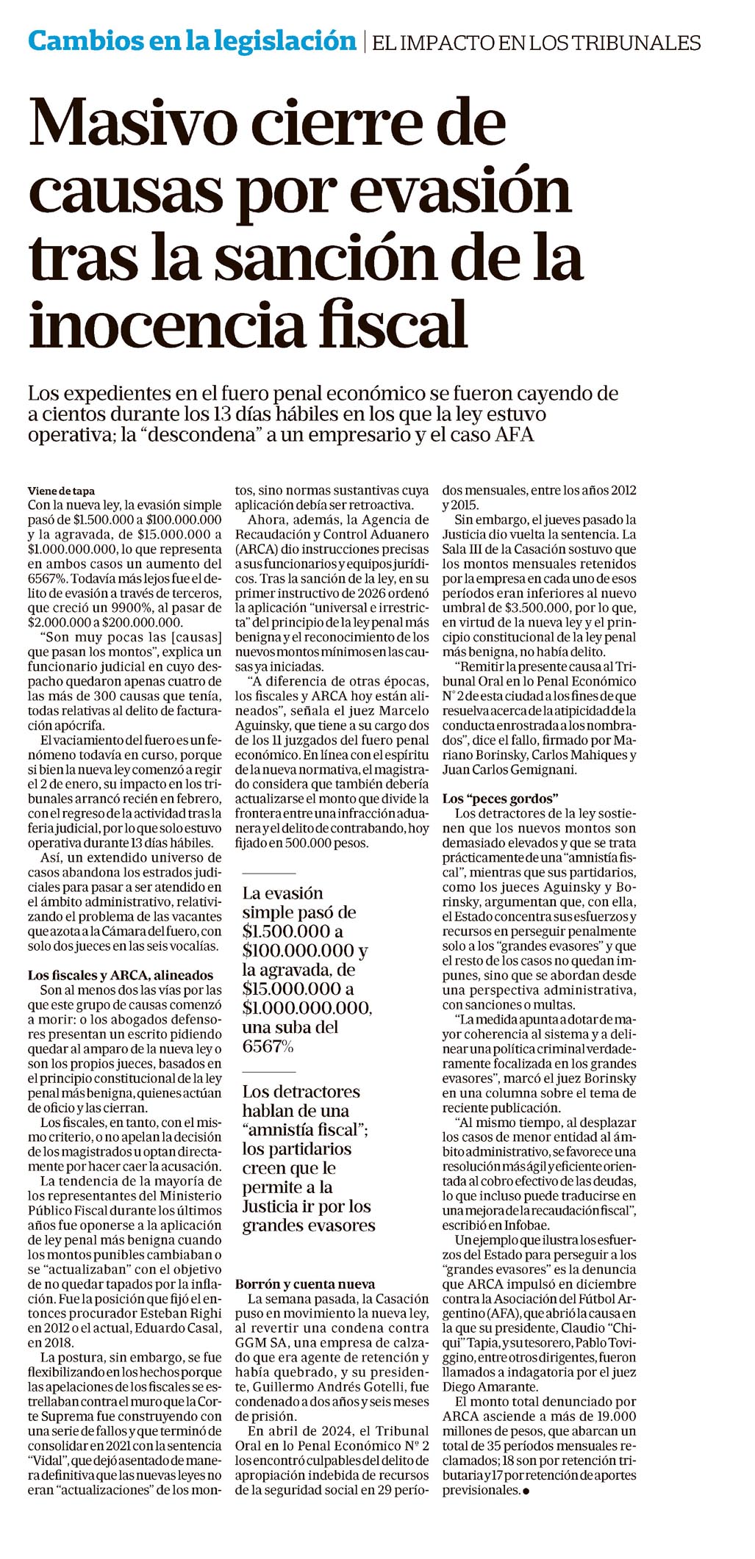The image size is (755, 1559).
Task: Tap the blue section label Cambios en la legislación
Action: coord(192,40)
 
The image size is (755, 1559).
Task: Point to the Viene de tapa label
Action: coord(61,491)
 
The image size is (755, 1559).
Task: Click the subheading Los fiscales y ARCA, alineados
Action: coord(121,975)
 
